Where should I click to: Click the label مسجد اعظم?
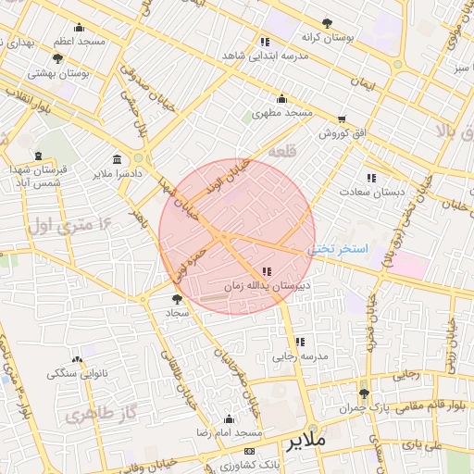pos(79,42)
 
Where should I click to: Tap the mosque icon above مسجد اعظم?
pos(79,28)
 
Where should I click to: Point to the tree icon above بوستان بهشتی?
pos(58,57)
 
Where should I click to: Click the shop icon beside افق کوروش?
pos(343,119)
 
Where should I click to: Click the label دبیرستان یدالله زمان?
pos(268,286)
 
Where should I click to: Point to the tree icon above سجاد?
pos(178,299)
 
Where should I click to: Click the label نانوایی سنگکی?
pos(76,373)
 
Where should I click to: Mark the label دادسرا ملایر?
pos(117,173)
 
